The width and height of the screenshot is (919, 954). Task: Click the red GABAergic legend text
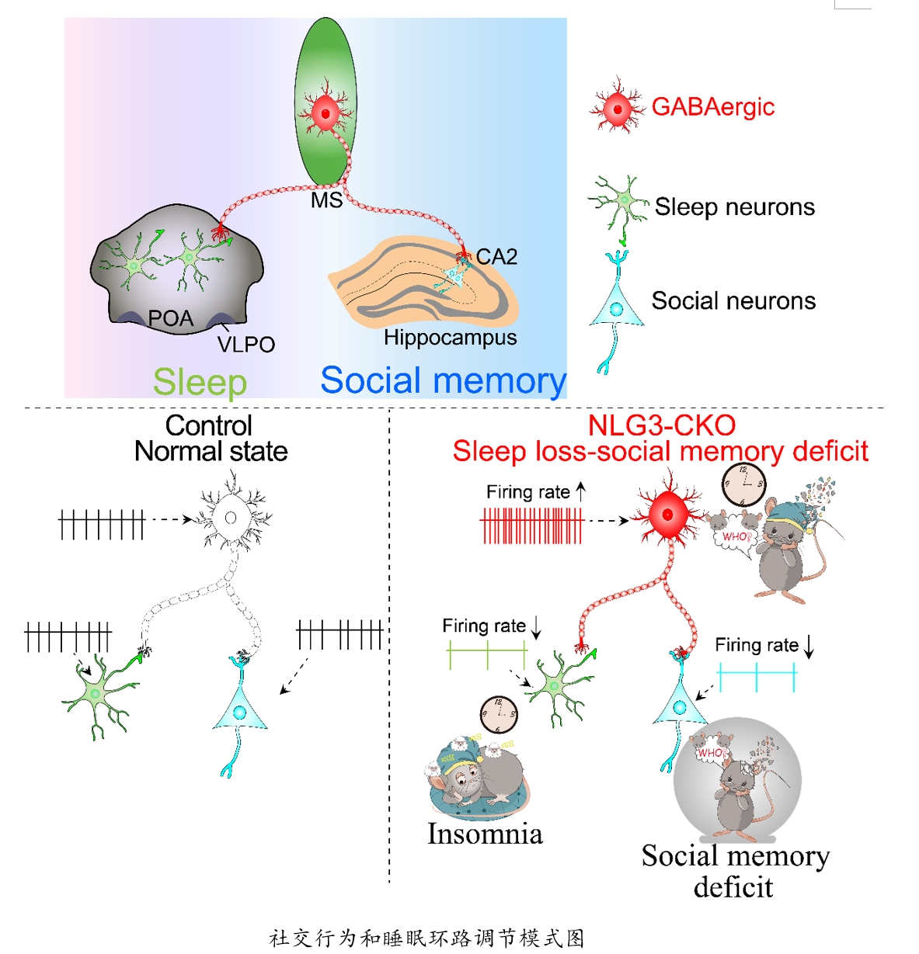tap(712, 107)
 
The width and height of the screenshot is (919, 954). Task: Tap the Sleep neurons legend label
tap(734, 207)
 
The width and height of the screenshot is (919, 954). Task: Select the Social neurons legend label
tap(733, 301)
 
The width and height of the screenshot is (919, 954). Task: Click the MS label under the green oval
tap(326, 200)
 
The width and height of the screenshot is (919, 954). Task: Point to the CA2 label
tap(496, 257)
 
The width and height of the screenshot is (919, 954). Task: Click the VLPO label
tap(245, 345)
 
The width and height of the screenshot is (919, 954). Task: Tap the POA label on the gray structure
tap(170, 318)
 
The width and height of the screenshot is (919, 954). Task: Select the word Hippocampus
tap(450, 338)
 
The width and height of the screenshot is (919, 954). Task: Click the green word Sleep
tap(200, 382)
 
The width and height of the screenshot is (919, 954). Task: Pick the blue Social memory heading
tap(443, 380)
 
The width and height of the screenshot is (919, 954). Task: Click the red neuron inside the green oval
tap(325, 114)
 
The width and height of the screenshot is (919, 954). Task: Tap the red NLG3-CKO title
tap(661, 425)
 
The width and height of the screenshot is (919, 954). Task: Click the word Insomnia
tap(485, 834)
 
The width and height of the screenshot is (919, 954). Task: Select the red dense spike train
tap(532, 526)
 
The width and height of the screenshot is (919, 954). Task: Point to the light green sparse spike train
tap(487, 656)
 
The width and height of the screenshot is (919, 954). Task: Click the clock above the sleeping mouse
tap(498, 714)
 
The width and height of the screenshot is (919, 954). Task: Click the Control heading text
tap(209, 425)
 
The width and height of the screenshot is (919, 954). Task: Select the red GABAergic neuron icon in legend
tap(618, 108)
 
